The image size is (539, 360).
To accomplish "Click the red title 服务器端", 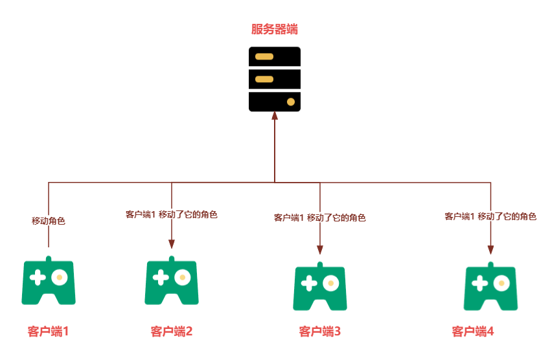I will coord(275,29).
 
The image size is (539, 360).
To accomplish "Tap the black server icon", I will coord(275,79).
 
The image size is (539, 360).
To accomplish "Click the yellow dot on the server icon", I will coord(291,102).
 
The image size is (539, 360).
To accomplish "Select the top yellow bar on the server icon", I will coord(264,56).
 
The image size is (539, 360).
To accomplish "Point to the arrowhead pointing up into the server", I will coord(275,116).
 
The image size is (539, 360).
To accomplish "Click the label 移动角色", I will coord(49,221).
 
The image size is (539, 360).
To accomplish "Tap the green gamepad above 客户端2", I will coord(171,281).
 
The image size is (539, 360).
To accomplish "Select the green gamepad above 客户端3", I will coord(319,286).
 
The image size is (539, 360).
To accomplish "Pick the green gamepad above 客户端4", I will coord(490,286).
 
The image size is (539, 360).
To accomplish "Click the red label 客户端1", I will coord(49,332).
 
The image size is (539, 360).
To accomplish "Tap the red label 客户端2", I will coord(172,332).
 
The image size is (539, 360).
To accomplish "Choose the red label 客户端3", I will coord(320,332).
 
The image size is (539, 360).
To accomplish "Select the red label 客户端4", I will coord(473,332).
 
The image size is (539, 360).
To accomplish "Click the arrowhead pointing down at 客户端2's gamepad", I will coord(172,244).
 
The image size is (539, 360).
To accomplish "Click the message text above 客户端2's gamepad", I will coord(171,214).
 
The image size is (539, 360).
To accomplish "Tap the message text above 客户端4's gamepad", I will coord(490,216).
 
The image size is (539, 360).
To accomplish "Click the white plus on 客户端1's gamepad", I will coord(38,277).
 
